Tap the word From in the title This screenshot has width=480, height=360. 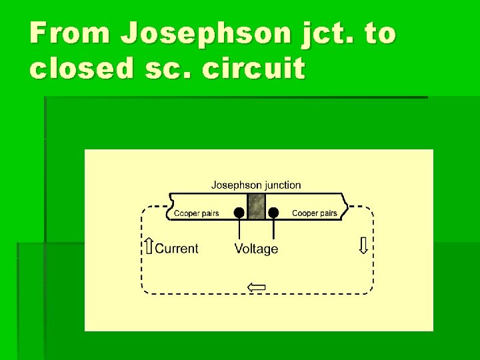coord(69,33)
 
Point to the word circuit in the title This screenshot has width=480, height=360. coord(255,68)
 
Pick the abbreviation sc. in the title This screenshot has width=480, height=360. coord(176,68)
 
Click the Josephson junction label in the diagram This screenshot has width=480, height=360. coord(256,185)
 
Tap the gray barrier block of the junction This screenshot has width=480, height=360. coord(256,207)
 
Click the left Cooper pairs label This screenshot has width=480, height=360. coord(196,213)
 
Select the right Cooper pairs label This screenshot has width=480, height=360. coord(315,213)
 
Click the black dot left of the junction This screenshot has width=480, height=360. coord(239,213)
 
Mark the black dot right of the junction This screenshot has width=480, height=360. coord(273,213)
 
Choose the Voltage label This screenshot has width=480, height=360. coord(256,249)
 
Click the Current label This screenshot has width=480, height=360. coord(177,249)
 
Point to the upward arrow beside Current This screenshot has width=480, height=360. coord(149,247)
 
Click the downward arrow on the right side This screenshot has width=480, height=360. coord(363,246)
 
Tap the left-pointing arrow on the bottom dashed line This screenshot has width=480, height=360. coord(257,287)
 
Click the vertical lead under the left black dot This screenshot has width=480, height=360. coord(239,230)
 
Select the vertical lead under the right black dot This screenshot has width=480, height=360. coord(273,230)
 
